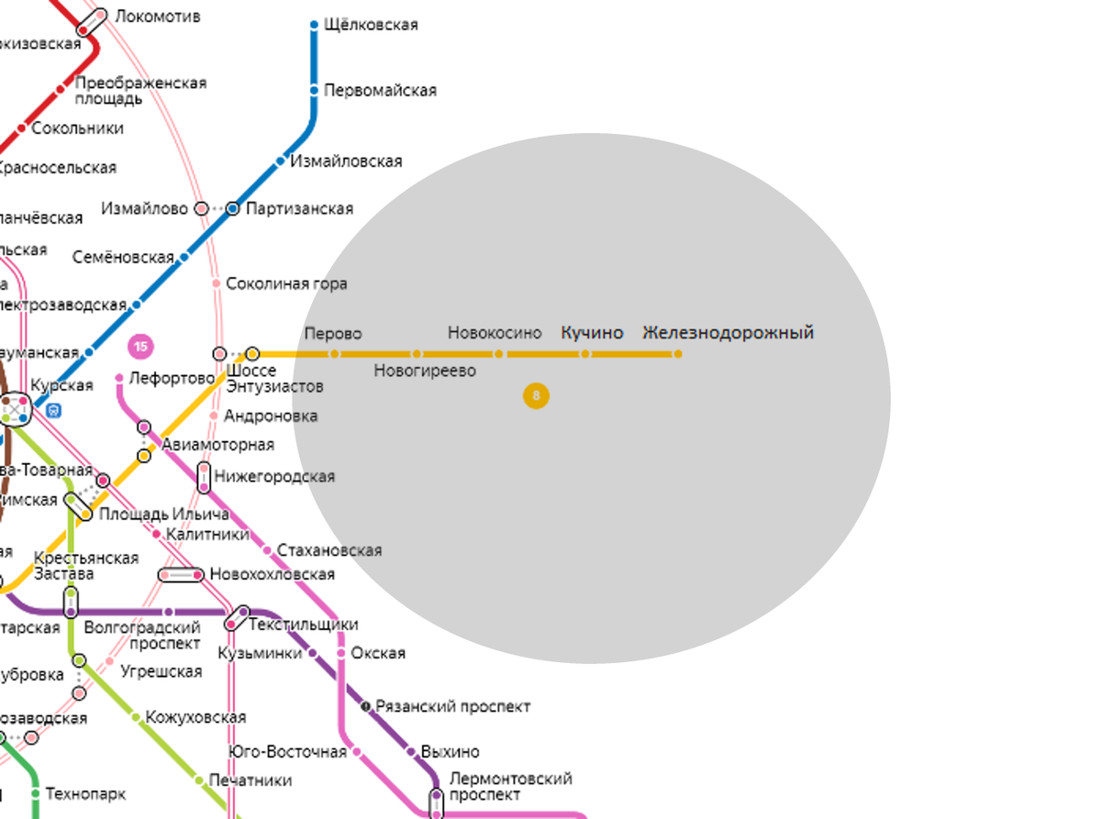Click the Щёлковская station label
tap(371, 25)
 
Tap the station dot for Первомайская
tap(314, 90)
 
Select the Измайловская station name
tap(346, 161)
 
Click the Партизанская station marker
tap(233, 209)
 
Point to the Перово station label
tap(332, 333)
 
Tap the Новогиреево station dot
tap(417, 354)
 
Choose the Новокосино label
tap(495, 333)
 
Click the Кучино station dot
tap(585, 354)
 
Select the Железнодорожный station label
tap(728, 333)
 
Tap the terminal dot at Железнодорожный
tap(678, 354)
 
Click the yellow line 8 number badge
tap(536, 396)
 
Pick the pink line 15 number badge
tap(140, 347)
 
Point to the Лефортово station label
tap(172, 377)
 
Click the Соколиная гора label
tap(286, 284)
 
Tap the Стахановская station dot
tap(267, 550)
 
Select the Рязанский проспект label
tap(452, 707)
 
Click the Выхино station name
tap(450, 752)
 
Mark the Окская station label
tap(378, 653)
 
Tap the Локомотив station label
tap(157, 17)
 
